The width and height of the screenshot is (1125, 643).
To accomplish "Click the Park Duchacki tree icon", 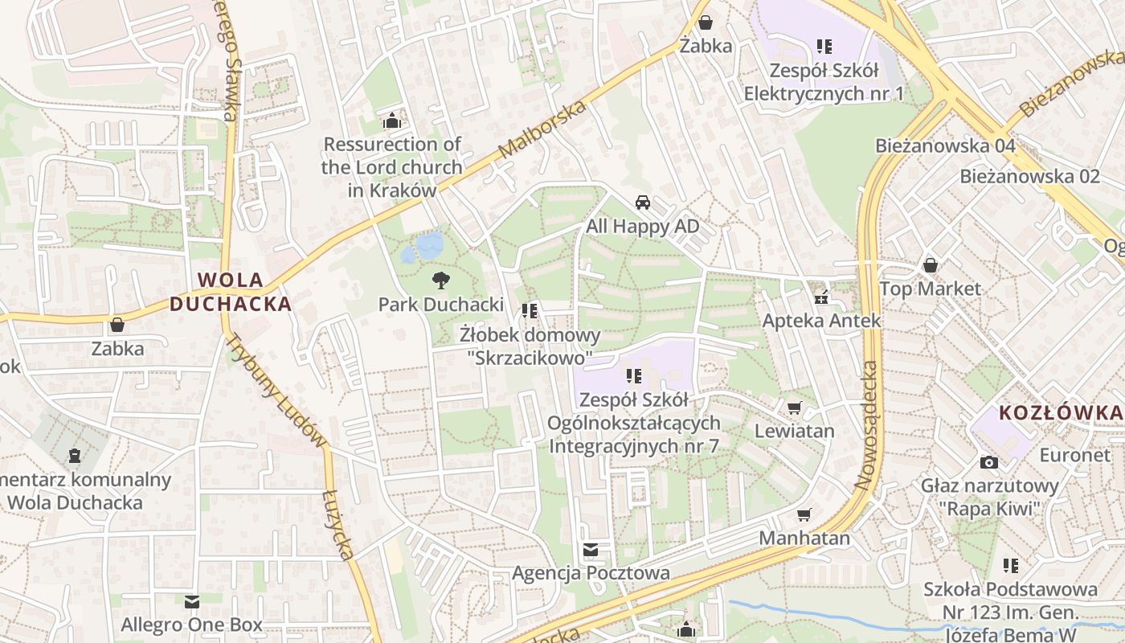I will [440, 281].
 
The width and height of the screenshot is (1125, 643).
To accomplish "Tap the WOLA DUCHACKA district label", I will [230, 292].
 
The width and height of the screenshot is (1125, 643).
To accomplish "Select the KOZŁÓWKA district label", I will [1060, 413].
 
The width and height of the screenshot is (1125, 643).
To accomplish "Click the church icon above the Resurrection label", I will [392, 121].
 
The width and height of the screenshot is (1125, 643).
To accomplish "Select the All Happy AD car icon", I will [642, 202].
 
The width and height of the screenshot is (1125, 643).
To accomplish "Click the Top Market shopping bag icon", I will [931, 264].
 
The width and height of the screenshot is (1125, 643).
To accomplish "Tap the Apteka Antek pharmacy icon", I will [821, 297].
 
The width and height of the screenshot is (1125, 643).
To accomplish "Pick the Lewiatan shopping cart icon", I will [795, 408].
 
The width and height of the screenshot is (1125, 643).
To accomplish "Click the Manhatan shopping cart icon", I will [804, 514].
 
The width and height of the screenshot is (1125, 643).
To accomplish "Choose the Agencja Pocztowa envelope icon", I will [591, 550].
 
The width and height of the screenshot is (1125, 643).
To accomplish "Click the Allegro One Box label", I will [191, 625].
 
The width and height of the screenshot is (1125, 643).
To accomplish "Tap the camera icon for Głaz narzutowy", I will [989, 462].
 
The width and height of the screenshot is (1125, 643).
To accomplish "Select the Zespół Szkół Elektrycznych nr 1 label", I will [824, 82].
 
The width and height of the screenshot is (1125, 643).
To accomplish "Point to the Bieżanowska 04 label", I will [945, 145].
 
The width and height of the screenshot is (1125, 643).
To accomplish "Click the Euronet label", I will [1075, 455].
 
